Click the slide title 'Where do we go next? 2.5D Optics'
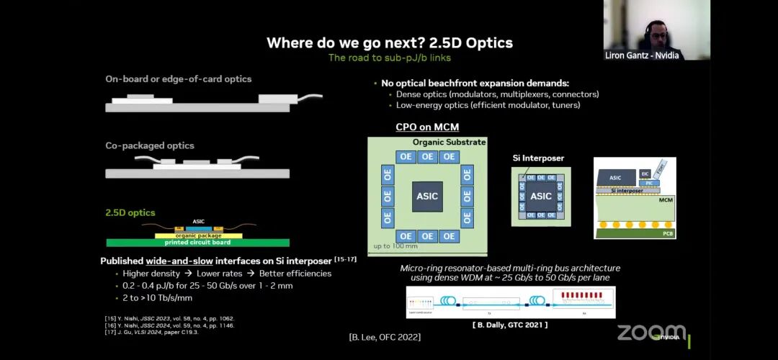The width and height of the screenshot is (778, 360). click(389, 42)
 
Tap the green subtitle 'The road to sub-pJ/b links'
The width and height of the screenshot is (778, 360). click(389, 58)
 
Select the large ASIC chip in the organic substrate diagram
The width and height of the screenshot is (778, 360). click(427, 196)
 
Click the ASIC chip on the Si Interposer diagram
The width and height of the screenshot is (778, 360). click(541, 196)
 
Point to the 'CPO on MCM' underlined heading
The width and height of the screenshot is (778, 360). click(427, 127)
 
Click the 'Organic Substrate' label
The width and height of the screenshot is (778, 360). click(449, 142)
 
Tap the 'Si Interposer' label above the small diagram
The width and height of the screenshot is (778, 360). click(538, 158)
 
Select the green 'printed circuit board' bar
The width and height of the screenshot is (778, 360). click(197, 243)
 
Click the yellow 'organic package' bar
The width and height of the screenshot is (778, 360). click(198, 235)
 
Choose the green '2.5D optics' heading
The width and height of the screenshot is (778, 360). click(130, 212)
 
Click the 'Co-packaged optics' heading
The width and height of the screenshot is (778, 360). click(150, 145)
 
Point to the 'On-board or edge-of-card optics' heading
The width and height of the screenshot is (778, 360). click(179, 78)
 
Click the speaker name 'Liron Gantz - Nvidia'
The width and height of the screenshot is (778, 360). click(642, 55)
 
